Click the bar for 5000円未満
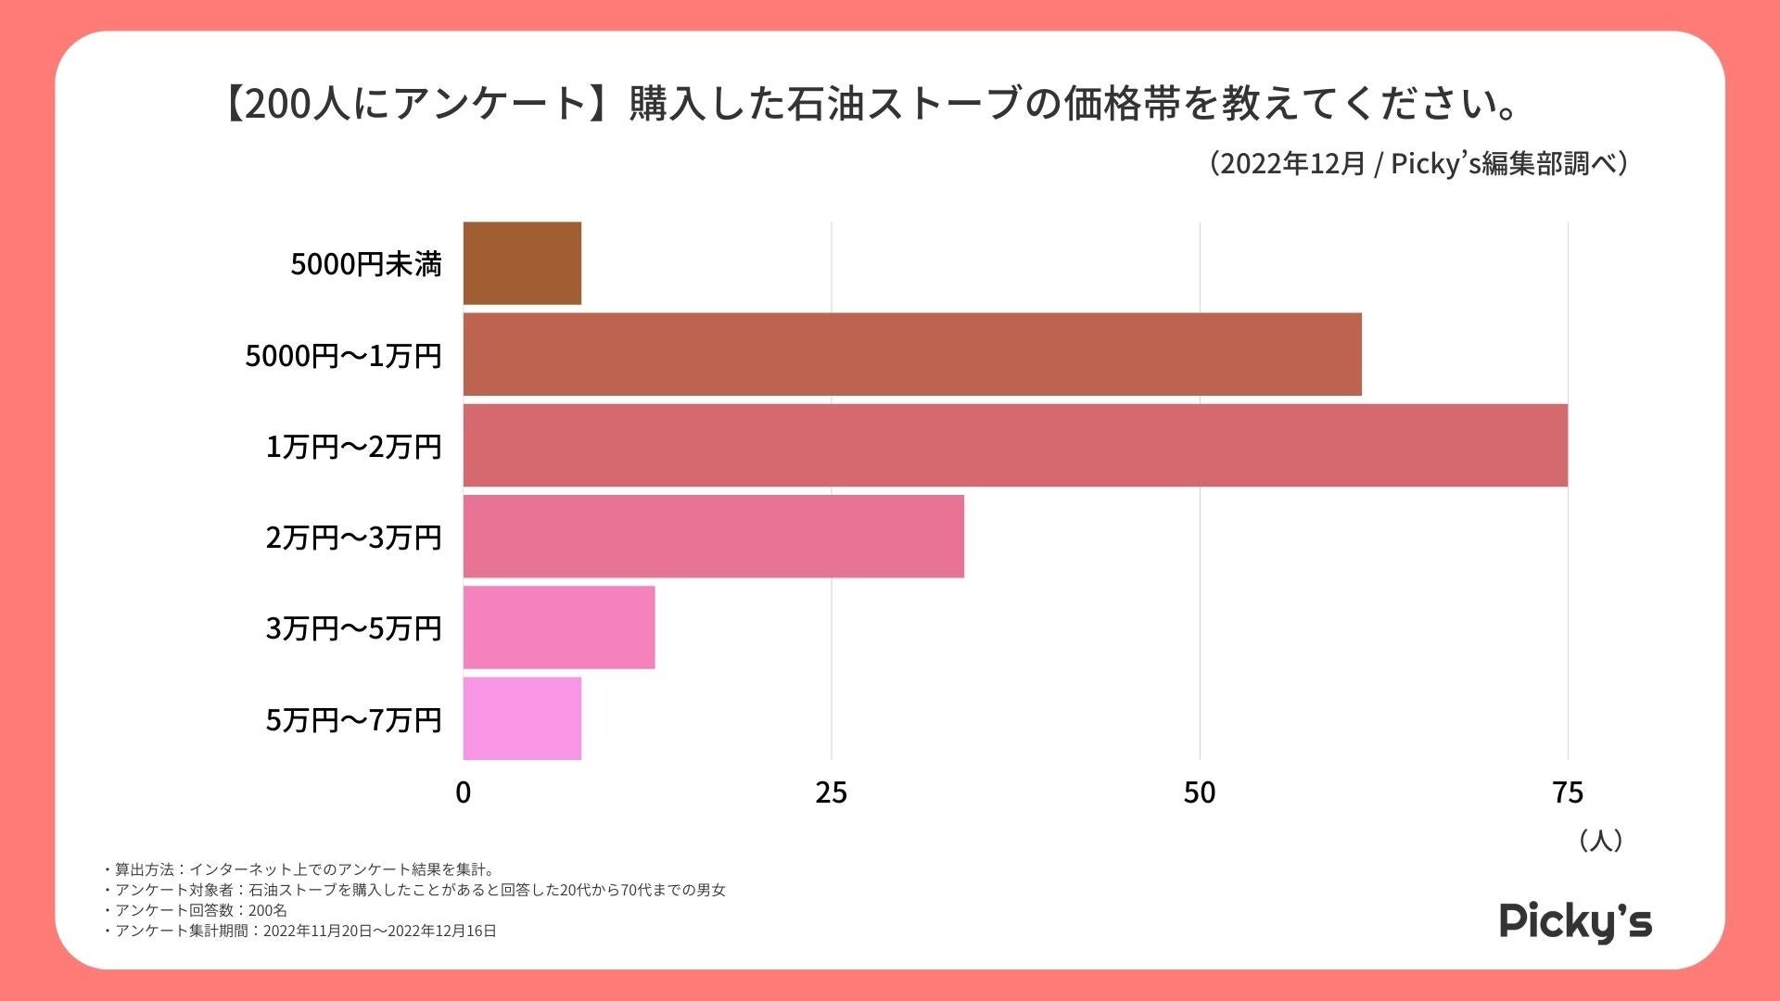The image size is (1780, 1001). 522,263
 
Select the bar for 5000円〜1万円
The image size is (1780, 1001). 912,354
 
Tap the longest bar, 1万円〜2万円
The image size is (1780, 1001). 1015,445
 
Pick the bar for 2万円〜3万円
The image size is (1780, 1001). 713,537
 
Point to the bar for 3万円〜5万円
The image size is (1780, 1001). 559,627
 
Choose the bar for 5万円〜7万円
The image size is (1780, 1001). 522,718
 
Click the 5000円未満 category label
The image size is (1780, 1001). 366,264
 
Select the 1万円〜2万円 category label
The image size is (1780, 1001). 353,447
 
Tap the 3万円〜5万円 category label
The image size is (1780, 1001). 353,628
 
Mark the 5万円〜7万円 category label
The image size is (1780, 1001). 353,720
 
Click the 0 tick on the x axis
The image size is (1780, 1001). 463,792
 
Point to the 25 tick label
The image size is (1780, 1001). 831,792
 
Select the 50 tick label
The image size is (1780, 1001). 1199,792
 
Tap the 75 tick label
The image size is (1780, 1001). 1567,792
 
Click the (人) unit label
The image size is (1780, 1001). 1600,841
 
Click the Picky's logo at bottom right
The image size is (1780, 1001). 1575,921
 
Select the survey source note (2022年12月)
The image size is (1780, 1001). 1418,164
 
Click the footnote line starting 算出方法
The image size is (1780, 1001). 301,869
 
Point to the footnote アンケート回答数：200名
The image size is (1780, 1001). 197,910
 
